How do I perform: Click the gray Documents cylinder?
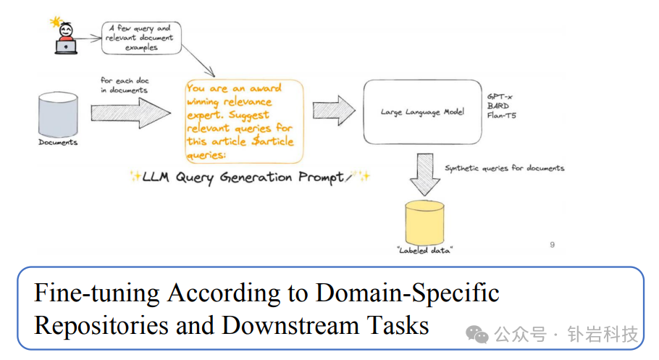(x=57, y=114)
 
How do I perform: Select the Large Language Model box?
(x=422, y=112)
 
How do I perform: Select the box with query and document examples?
(x=141, y=38)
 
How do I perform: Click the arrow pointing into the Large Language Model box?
(x=334, y=109)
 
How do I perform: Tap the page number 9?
(x=553, y=245)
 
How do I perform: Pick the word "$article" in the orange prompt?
(x=269, y=141)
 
